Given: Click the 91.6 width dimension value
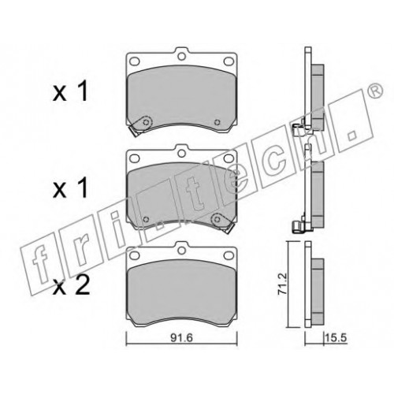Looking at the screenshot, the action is click(x=182, y=338).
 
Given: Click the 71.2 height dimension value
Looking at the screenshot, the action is click(x=283, y=284).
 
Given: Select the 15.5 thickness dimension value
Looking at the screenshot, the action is click(x=336, y=338).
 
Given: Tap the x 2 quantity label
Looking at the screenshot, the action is click(x=71, y=286).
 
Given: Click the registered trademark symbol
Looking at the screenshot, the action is click(x=377, y=91).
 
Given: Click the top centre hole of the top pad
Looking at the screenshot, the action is click(x=180, y=56).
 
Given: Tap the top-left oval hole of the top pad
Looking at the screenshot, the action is click(x=135, y=61).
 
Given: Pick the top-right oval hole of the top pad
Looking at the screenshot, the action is click(x=229, y=61).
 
